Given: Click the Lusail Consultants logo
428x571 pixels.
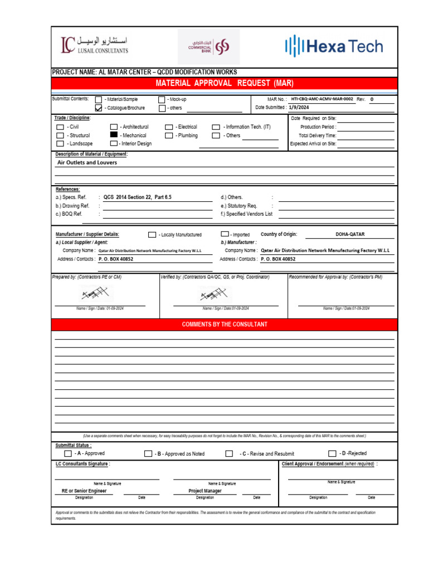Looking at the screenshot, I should (95, 46).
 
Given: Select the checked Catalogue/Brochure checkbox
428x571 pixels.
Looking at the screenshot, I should (99, 108).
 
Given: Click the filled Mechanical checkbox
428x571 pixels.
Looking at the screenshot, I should (114, 136).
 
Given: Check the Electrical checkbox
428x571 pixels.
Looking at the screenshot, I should (169, 127).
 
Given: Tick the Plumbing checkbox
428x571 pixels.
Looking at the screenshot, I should (169, 136).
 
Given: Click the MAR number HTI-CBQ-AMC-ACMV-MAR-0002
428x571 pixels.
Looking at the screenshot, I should (322, 99).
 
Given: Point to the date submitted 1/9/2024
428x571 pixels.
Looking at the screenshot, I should (299, 108).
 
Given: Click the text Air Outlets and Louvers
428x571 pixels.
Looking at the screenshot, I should (87, 163).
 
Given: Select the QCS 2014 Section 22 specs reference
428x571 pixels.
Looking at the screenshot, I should (137, 197).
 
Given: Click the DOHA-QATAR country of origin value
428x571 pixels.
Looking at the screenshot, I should (350, 235).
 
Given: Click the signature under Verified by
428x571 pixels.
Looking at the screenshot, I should (213, 293).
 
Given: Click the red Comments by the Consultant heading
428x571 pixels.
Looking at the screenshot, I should (225, 325).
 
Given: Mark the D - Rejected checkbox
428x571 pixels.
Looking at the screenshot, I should (332, 453).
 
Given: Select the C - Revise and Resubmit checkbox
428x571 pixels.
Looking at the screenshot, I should (229, 454).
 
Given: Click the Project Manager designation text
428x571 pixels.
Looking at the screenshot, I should (205, 491).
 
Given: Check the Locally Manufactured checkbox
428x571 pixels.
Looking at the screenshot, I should (152, 235).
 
